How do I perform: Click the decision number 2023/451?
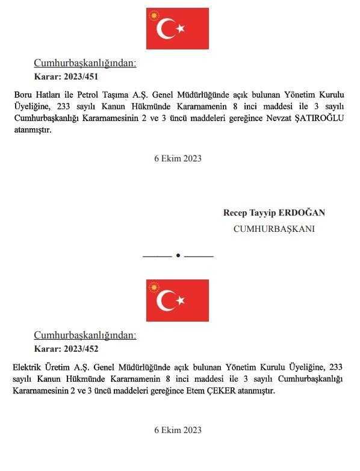click(x=80, y=76)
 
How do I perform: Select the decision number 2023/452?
click(x=80, y=349)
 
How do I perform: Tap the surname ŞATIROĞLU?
click(x=317, y=118)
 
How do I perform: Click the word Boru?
click(x=22, y=95)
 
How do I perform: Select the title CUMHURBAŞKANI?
click(x=273, y=229)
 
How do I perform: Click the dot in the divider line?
click(x=178, y=256)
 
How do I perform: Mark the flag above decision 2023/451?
click(x=177, y=28)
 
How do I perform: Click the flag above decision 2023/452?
click(x=177, y=300)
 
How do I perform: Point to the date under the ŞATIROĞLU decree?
click(x=178, y=159)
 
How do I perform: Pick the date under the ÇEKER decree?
click(x=178, y=430)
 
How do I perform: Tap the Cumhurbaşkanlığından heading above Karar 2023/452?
click(x=85, y=335)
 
